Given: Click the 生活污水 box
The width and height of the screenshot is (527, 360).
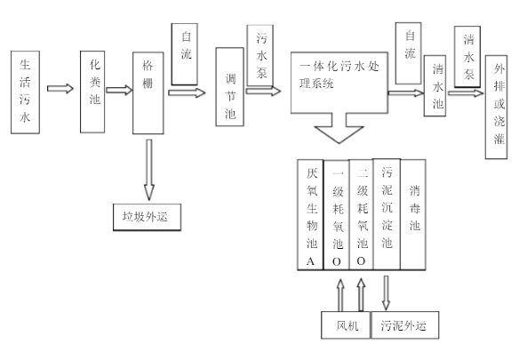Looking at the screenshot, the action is click(25, 92).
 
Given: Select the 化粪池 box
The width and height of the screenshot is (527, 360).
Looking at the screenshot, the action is click(92, 92).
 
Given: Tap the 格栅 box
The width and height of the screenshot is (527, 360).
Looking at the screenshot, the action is click(148, 93).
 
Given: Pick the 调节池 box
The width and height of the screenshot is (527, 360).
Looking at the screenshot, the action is click(230, 87).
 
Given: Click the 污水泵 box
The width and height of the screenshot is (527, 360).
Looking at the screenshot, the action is click(260, 55).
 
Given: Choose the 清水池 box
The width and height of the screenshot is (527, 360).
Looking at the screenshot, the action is click(435, 85).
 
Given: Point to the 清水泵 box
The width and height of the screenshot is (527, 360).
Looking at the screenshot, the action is click(467, 57).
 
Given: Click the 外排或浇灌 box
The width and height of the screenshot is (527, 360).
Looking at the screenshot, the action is click(497, 107).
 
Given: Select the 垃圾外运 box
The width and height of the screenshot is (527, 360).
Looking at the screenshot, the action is click(147, 217).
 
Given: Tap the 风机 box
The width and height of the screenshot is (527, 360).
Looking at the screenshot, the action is click(346, 325).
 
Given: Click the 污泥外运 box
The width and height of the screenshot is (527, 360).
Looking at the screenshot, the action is click(405, 325).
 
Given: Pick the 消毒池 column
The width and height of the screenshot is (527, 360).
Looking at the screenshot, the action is click(413, 214).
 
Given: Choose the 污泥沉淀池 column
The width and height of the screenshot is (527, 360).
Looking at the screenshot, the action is click(387, 214).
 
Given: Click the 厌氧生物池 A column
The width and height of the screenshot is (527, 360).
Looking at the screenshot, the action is click(310, 214).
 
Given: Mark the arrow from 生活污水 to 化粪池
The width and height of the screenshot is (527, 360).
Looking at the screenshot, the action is click(60, 89).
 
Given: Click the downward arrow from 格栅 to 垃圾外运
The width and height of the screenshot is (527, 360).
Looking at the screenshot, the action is click(149, 170).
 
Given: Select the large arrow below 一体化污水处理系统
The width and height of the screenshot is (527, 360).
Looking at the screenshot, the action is click(339, 128).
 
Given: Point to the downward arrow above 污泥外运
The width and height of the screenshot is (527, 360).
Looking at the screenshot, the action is click(387, 293).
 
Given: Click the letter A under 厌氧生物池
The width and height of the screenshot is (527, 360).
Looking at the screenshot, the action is click(310, 261).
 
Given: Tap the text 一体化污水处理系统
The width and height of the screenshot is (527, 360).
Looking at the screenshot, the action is click(339, 75).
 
